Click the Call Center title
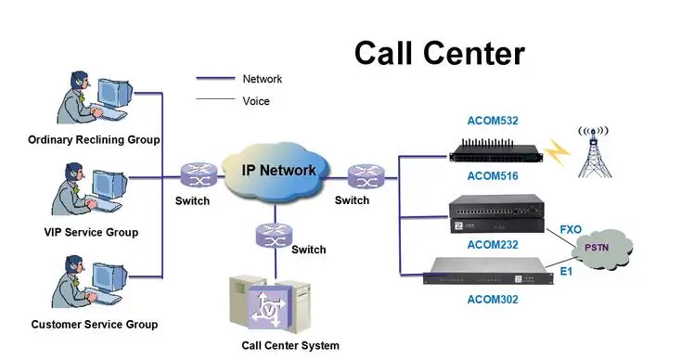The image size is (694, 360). (x=439, y=53)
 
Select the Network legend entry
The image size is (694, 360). (x=262, y=80)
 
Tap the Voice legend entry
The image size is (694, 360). (x=256, y=100)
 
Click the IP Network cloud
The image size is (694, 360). (x=278, y=171)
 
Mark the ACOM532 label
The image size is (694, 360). (x=493, y=121)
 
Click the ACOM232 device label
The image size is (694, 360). (x=493, y=244)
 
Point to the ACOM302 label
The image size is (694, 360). (x=493, y=299)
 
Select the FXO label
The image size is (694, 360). (x=572, y=229)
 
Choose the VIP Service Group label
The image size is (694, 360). (x=91, y=232)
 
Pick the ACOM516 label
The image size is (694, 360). (x=493, y=175)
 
